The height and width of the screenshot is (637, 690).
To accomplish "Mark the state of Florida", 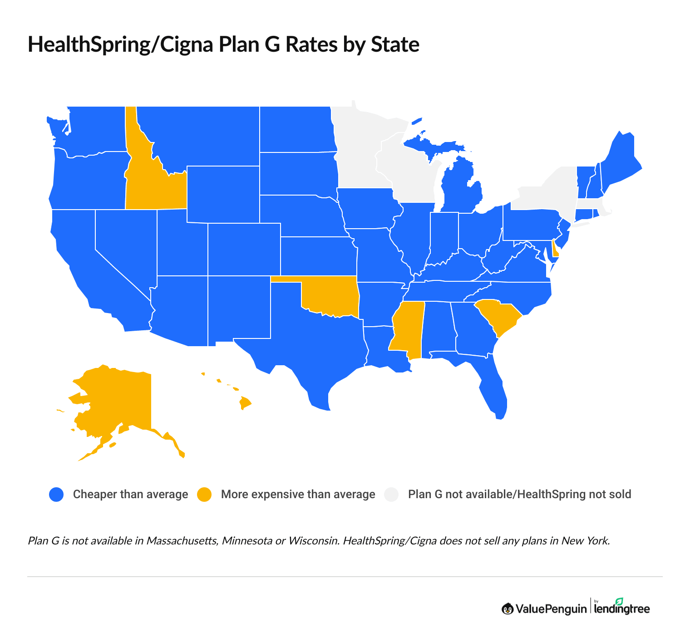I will tap(493, 386).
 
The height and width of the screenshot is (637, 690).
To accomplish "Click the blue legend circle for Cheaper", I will tap(56, 495).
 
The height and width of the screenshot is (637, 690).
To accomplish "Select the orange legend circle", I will tap(204, 495).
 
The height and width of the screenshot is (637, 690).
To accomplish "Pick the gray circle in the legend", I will tap(391, 495).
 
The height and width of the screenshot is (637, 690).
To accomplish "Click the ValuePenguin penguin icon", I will tap(507, 609).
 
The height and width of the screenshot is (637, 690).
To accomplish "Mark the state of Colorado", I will tap(244, 250).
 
